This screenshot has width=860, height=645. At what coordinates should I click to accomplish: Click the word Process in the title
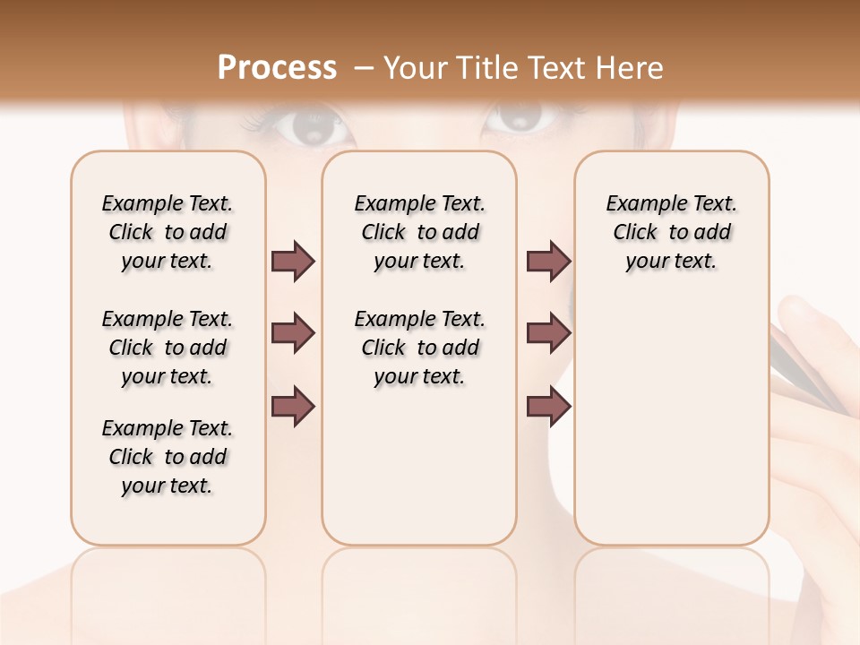coord(277,68)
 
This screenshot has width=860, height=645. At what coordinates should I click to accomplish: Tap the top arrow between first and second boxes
coord(293,262)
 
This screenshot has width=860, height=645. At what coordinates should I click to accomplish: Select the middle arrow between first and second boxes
coord(293,334)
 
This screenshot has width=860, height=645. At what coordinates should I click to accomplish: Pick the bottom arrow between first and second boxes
coord(293,406)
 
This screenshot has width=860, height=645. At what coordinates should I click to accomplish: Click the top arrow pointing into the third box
coord(548,262)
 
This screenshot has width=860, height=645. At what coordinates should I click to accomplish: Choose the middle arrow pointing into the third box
coord(548,334)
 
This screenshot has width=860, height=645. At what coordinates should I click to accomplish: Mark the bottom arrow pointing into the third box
coord(548,406)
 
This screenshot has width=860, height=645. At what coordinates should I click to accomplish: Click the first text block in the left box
coord(168,232)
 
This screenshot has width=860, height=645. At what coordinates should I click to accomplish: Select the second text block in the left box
coord(168,348)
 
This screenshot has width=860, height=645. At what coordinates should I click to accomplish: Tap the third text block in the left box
coord(168,457)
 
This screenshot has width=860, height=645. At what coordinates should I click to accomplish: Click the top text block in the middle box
coord(419,232)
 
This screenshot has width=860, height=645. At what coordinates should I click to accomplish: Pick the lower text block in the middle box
coord(419,348)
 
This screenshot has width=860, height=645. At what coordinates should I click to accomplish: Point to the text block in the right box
coord(671,232)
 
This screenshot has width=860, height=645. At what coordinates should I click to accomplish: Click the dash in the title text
coord(365,69)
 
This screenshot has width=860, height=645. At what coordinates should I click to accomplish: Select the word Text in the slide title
coord(560,68)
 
